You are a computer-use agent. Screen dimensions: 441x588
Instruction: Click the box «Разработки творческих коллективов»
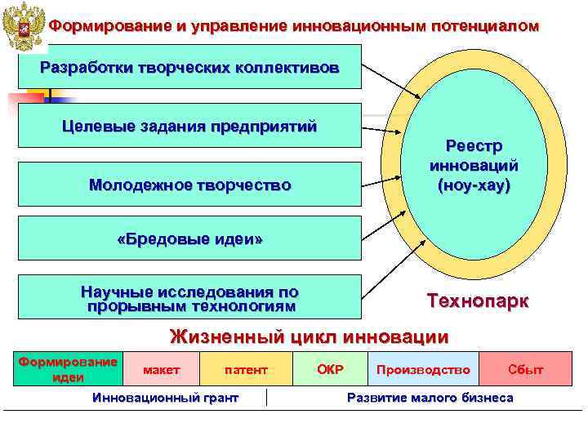click(x=189, y=66)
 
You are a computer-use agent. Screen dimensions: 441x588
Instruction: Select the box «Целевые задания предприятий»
click(x=189, y=126)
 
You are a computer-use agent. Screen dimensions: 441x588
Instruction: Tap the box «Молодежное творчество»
click(x=189, y=185)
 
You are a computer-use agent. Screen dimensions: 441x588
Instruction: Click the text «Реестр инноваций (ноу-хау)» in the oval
click(x=474, y=165)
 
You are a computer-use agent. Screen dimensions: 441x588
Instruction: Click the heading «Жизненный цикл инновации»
click(x=309, y=336)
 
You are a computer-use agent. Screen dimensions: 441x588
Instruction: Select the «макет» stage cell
click(x=161, y=370)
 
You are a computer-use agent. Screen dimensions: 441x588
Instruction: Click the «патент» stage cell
click(x=246, y=370)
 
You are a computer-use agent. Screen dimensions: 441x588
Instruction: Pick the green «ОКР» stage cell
click(x=330, y=370)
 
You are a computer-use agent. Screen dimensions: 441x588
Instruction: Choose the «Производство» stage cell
click(x=423, y=370)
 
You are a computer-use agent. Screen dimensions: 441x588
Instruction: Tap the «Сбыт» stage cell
click(x=525, y=370)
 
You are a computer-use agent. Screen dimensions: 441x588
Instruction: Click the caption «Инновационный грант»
click(x=166, y=398)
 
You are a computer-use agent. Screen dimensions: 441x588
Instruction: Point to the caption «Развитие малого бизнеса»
click(x=430, y=398)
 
